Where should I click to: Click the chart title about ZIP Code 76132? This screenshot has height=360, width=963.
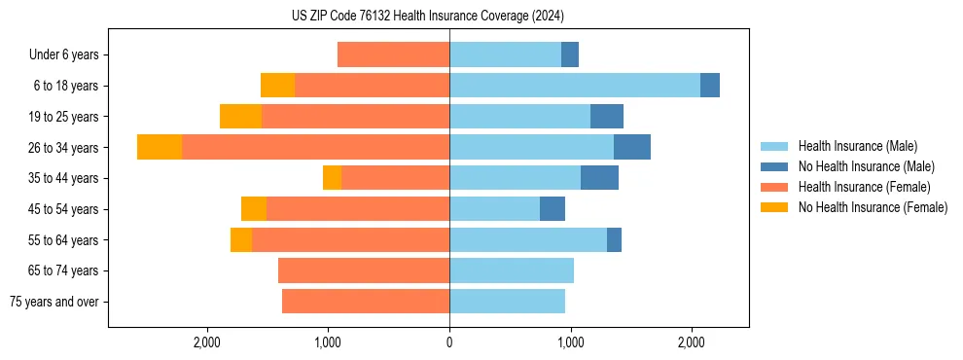point(428,16)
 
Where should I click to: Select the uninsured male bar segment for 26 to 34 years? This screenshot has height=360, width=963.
point(632,147)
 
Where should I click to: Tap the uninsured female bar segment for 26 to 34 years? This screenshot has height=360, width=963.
point(160,147)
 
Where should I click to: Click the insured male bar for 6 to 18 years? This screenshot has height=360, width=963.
point(574,86)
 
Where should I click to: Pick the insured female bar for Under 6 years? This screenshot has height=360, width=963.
point(393,54)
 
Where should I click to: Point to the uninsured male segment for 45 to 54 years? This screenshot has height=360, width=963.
point(553,209)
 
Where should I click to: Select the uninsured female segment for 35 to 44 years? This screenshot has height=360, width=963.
point(332,178)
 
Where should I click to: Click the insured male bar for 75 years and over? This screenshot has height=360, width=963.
point(507,302)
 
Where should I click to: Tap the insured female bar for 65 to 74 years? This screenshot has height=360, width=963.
point(363,270)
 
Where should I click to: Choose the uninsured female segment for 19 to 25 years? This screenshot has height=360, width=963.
point(240,117)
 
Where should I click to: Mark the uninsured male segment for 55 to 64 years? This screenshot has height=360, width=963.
point(614,239)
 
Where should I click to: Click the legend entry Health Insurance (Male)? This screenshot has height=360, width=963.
point(857,146)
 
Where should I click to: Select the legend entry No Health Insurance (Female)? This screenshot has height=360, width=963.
point(873,207)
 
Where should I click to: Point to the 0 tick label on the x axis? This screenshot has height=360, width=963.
point(449,342)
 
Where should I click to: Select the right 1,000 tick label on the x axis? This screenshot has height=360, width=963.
point(570,342)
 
